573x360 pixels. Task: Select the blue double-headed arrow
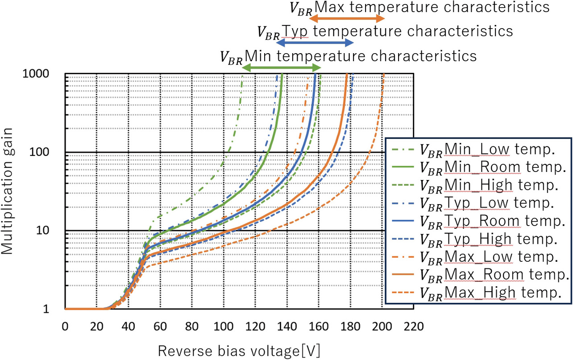(x=315, y=43)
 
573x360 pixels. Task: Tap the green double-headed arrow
(x=282, y=68)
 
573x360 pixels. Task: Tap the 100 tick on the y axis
(x=50, y=152)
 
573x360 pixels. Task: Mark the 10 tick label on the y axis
(x=54, y=231)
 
